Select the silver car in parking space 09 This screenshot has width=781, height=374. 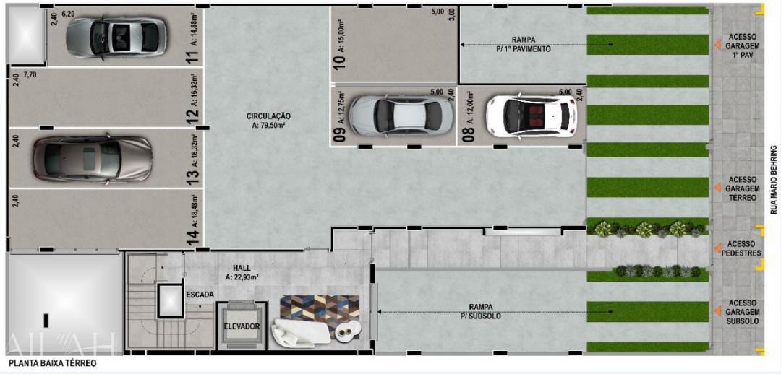(x=397, y=113)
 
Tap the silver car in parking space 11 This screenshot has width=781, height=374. (x=116, y=37)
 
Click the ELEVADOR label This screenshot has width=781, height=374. (x=242, y=326)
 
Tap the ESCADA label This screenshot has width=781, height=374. (x=199, y=295)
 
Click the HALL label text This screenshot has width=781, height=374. (x=242, y=268)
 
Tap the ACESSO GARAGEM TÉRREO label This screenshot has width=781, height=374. (x=743, y=188)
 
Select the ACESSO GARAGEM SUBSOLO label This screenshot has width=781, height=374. (x=743, y=312)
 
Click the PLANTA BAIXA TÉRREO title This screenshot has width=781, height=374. (x=51, y=364)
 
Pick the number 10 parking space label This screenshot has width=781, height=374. (x=339, y=58)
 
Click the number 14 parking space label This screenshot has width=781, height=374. (x=192, y=237)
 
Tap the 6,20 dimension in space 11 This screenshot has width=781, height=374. (x=69, y=14)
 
